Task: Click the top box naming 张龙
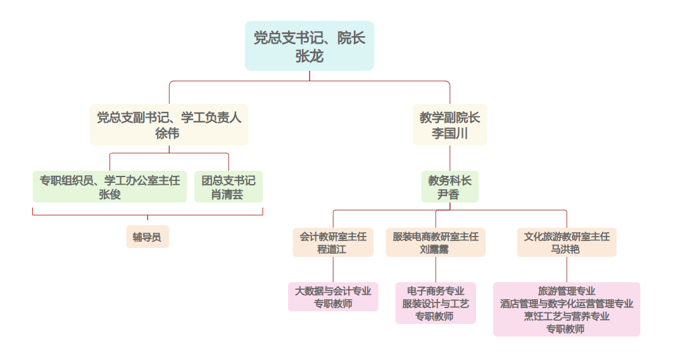[310, 46]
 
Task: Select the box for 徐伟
[168, 125]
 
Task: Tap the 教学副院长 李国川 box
[450, 125]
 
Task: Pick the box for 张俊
[110, 187]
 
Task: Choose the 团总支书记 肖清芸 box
[228, 187]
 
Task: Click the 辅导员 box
[148, 237]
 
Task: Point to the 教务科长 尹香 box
[450, 187]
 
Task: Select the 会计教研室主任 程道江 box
[332, 242]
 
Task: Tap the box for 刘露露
[435, 242]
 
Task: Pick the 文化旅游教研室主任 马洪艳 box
[567, 242]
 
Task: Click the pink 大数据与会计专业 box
[333, 297]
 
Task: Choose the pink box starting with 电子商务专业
[436, 303]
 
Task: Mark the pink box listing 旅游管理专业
[567, 309]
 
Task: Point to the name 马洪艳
[567, 249]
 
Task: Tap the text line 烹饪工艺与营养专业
[567, 316]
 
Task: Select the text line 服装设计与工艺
[436, 304]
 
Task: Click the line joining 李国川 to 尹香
[450, 158]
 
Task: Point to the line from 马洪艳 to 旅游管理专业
[567, 270]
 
